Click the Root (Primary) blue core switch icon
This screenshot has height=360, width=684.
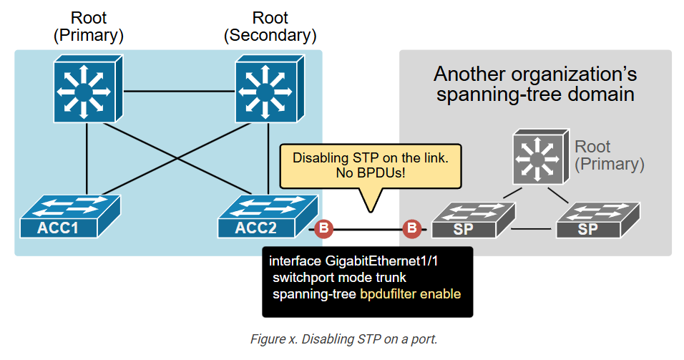(x=88, y=89)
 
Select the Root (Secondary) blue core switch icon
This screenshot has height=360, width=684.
(x=270, y=89)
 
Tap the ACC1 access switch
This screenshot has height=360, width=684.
(x=70, y=216)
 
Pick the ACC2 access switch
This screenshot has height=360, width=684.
(x=268, y=216)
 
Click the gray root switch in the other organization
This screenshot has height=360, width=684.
(x=541, y=156)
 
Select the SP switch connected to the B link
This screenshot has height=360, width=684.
(x=474, y=220)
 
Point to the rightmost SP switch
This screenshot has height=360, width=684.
(x=598, y=220)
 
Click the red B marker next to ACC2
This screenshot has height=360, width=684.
(x=323, y=228)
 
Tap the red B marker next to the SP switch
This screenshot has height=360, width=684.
(x=412, y=228)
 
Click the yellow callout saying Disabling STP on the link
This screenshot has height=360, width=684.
(x=371, y=167)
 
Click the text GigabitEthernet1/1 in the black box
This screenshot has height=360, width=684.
(x=381, y=261)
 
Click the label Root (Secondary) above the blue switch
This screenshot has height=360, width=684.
(x=270, y=26)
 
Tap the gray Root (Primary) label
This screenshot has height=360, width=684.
(x=610, y=155)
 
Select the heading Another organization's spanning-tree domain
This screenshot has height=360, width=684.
(x=535, y=84)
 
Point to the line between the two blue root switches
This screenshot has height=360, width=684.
(x=180, y=91)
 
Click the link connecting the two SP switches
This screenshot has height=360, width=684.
(x=531, y=228)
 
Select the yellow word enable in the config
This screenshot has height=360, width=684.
(x=441, y=294)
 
